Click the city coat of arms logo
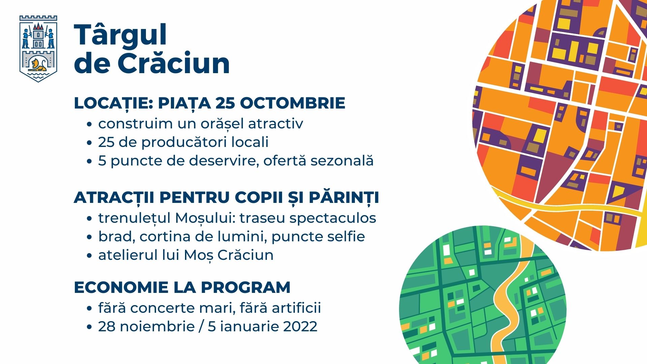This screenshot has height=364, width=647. (x=38, y=49)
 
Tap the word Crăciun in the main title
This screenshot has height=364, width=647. (x=174, y=63)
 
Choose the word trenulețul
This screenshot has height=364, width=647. (x=134, y=218)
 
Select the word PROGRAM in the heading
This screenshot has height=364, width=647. (x=246, y=287)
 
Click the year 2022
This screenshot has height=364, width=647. (x=301, y=327)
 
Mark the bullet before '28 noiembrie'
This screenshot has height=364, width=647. (x=89, y=327)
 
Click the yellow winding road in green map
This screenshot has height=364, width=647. (x=509, y=297)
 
